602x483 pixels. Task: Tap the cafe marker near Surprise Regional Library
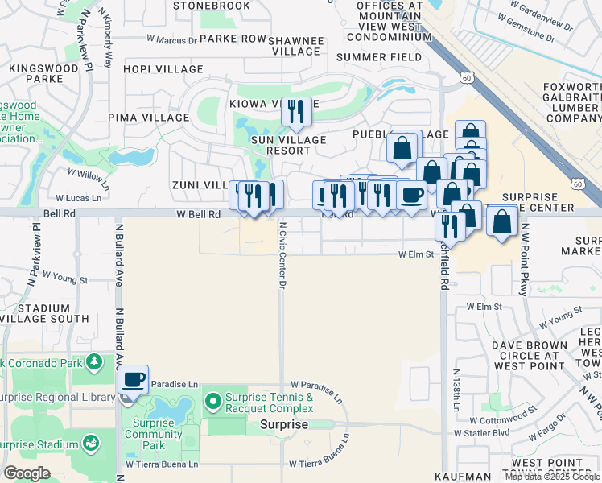pos(134,379)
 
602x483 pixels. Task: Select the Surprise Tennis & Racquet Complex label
pos(269,403)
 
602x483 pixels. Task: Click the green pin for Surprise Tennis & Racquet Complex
pos(213,399)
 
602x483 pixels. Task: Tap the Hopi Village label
pos(163,69)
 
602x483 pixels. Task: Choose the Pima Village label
pos(154,117)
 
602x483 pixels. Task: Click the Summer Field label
pos(379,57)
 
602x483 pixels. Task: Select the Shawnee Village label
pos(296,46)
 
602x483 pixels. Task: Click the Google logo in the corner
pos(27,473)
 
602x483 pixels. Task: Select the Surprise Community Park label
pos(153,434)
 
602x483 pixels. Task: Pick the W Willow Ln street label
pos(88,173)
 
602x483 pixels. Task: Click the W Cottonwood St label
pos(503,420)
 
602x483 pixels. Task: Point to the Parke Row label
pos(233,38)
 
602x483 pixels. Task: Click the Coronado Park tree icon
pos(94,364)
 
